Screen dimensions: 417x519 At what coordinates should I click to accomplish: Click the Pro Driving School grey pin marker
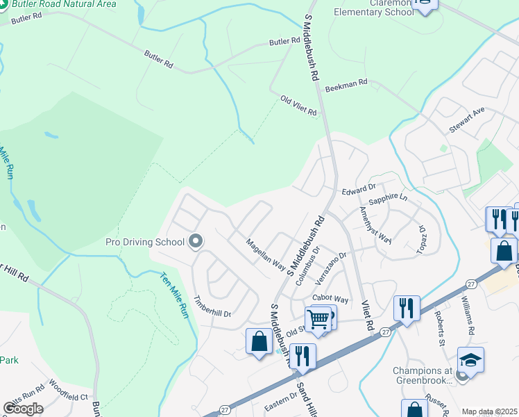click(195, 242)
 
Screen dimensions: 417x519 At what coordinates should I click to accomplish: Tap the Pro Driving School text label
click(145, 242)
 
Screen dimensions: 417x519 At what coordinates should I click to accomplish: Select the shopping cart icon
click(318, 320)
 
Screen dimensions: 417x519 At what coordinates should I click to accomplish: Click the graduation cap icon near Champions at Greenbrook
click(470, 359)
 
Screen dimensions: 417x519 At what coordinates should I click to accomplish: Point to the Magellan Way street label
click(266, 254)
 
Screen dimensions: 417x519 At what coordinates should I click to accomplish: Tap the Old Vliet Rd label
click(298, 106)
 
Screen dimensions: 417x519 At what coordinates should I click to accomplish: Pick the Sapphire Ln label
click(388, 199)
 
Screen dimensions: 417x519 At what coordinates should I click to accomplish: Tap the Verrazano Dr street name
click(330, 270)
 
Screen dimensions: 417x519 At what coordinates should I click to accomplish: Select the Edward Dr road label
click(358, 188)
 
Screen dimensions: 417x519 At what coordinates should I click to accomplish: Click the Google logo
click(23, 408)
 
